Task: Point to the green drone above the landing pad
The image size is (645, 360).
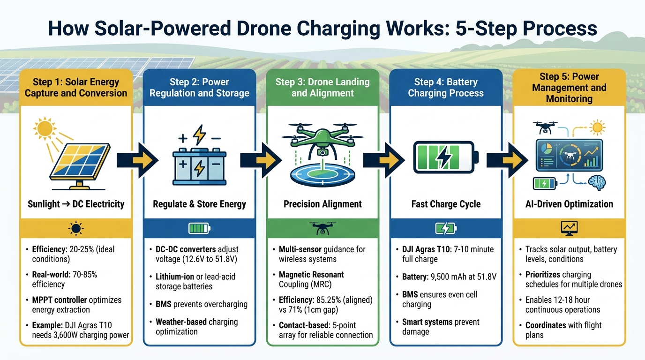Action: tap(322, 137)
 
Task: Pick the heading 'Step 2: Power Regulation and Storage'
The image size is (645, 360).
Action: tap(199, 87)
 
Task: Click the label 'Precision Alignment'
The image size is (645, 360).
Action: tap(322, 204)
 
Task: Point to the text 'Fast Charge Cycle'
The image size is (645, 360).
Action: tap(446, 204)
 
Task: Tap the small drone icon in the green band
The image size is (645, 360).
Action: tap(322, 228)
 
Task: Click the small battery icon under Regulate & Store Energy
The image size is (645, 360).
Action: tap(199, 228)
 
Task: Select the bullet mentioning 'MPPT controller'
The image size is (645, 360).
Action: tap(76, 305)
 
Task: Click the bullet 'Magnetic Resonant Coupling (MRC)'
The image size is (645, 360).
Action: tap(311, 280)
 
